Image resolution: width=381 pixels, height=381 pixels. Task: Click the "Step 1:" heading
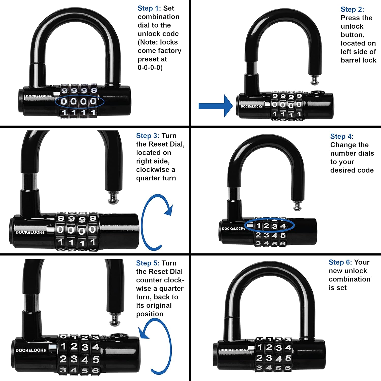[149, 8]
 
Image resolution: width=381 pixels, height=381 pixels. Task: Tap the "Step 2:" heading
[352, 9]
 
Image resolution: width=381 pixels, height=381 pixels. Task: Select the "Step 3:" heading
[148, 136]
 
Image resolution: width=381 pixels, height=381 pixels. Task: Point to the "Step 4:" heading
[342, 136]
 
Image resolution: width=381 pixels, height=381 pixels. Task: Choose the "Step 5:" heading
[148, 263]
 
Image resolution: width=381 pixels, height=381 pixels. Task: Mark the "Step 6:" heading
[340, 262]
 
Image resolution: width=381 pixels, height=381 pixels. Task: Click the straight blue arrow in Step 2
[215, 106]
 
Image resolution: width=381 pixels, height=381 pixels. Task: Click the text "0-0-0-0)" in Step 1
[150, 68]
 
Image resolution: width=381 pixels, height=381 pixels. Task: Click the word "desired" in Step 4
[342, 170]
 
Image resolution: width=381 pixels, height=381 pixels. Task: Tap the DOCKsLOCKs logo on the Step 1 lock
[38, 96]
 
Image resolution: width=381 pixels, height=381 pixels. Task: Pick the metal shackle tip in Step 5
[115, 320]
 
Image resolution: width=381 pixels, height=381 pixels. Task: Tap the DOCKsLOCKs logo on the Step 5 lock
[31, 350]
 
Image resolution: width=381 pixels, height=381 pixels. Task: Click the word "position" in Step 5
[150, 314]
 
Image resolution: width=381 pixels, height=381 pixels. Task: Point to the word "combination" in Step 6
[350, 279]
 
